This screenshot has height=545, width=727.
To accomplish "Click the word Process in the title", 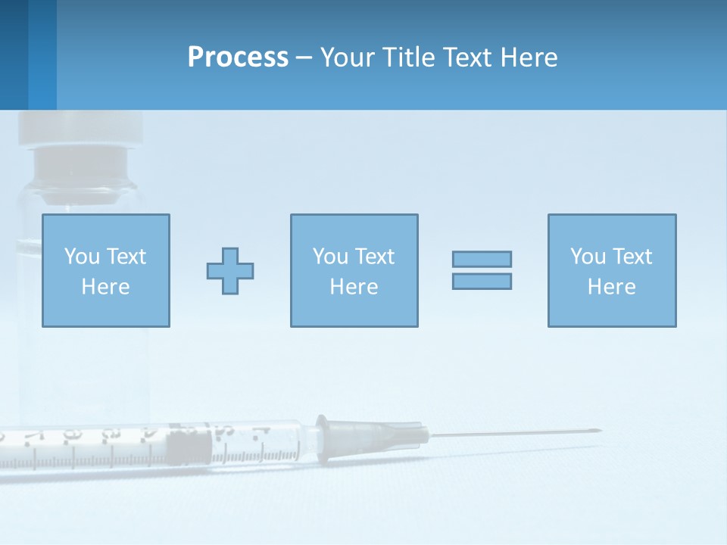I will [x=238, y=58].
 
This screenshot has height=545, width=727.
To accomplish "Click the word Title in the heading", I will [x=405, y=58].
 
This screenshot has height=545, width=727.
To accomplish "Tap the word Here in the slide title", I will [x=528, y=58].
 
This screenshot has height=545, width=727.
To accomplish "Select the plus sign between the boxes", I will [x=230, y=271].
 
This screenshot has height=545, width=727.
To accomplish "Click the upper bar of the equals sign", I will [x=482, y=259].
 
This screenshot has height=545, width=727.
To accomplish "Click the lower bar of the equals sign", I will [x=482, y=281].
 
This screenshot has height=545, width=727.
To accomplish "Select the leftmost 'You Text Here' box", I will [x=105, y=270].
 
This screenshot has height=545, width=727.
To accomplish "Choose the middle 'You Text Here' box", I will [x=354, y=270].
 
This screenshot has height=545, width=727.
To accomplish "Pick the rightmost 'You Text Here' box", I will [x=611, y=270].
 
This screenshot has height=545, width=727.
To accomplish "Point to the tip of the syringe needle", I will [x=599, y=431].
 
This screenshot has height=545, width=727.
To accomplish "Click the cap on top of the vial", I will [x=80, y=128].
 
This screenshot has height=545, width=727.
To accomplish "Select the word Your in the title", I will [x=349, y=58].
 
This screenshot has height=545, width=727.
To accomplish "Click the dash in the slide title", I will [x=304, y=58].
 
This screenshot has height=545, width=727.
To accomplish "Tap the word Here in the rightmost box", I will [x=611, y=287].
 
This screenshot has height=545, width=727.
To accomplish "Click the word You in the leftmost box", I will [x=82, y=257].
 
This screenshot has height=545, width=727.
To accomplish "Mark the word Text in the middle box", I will [x=374, y=257].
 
